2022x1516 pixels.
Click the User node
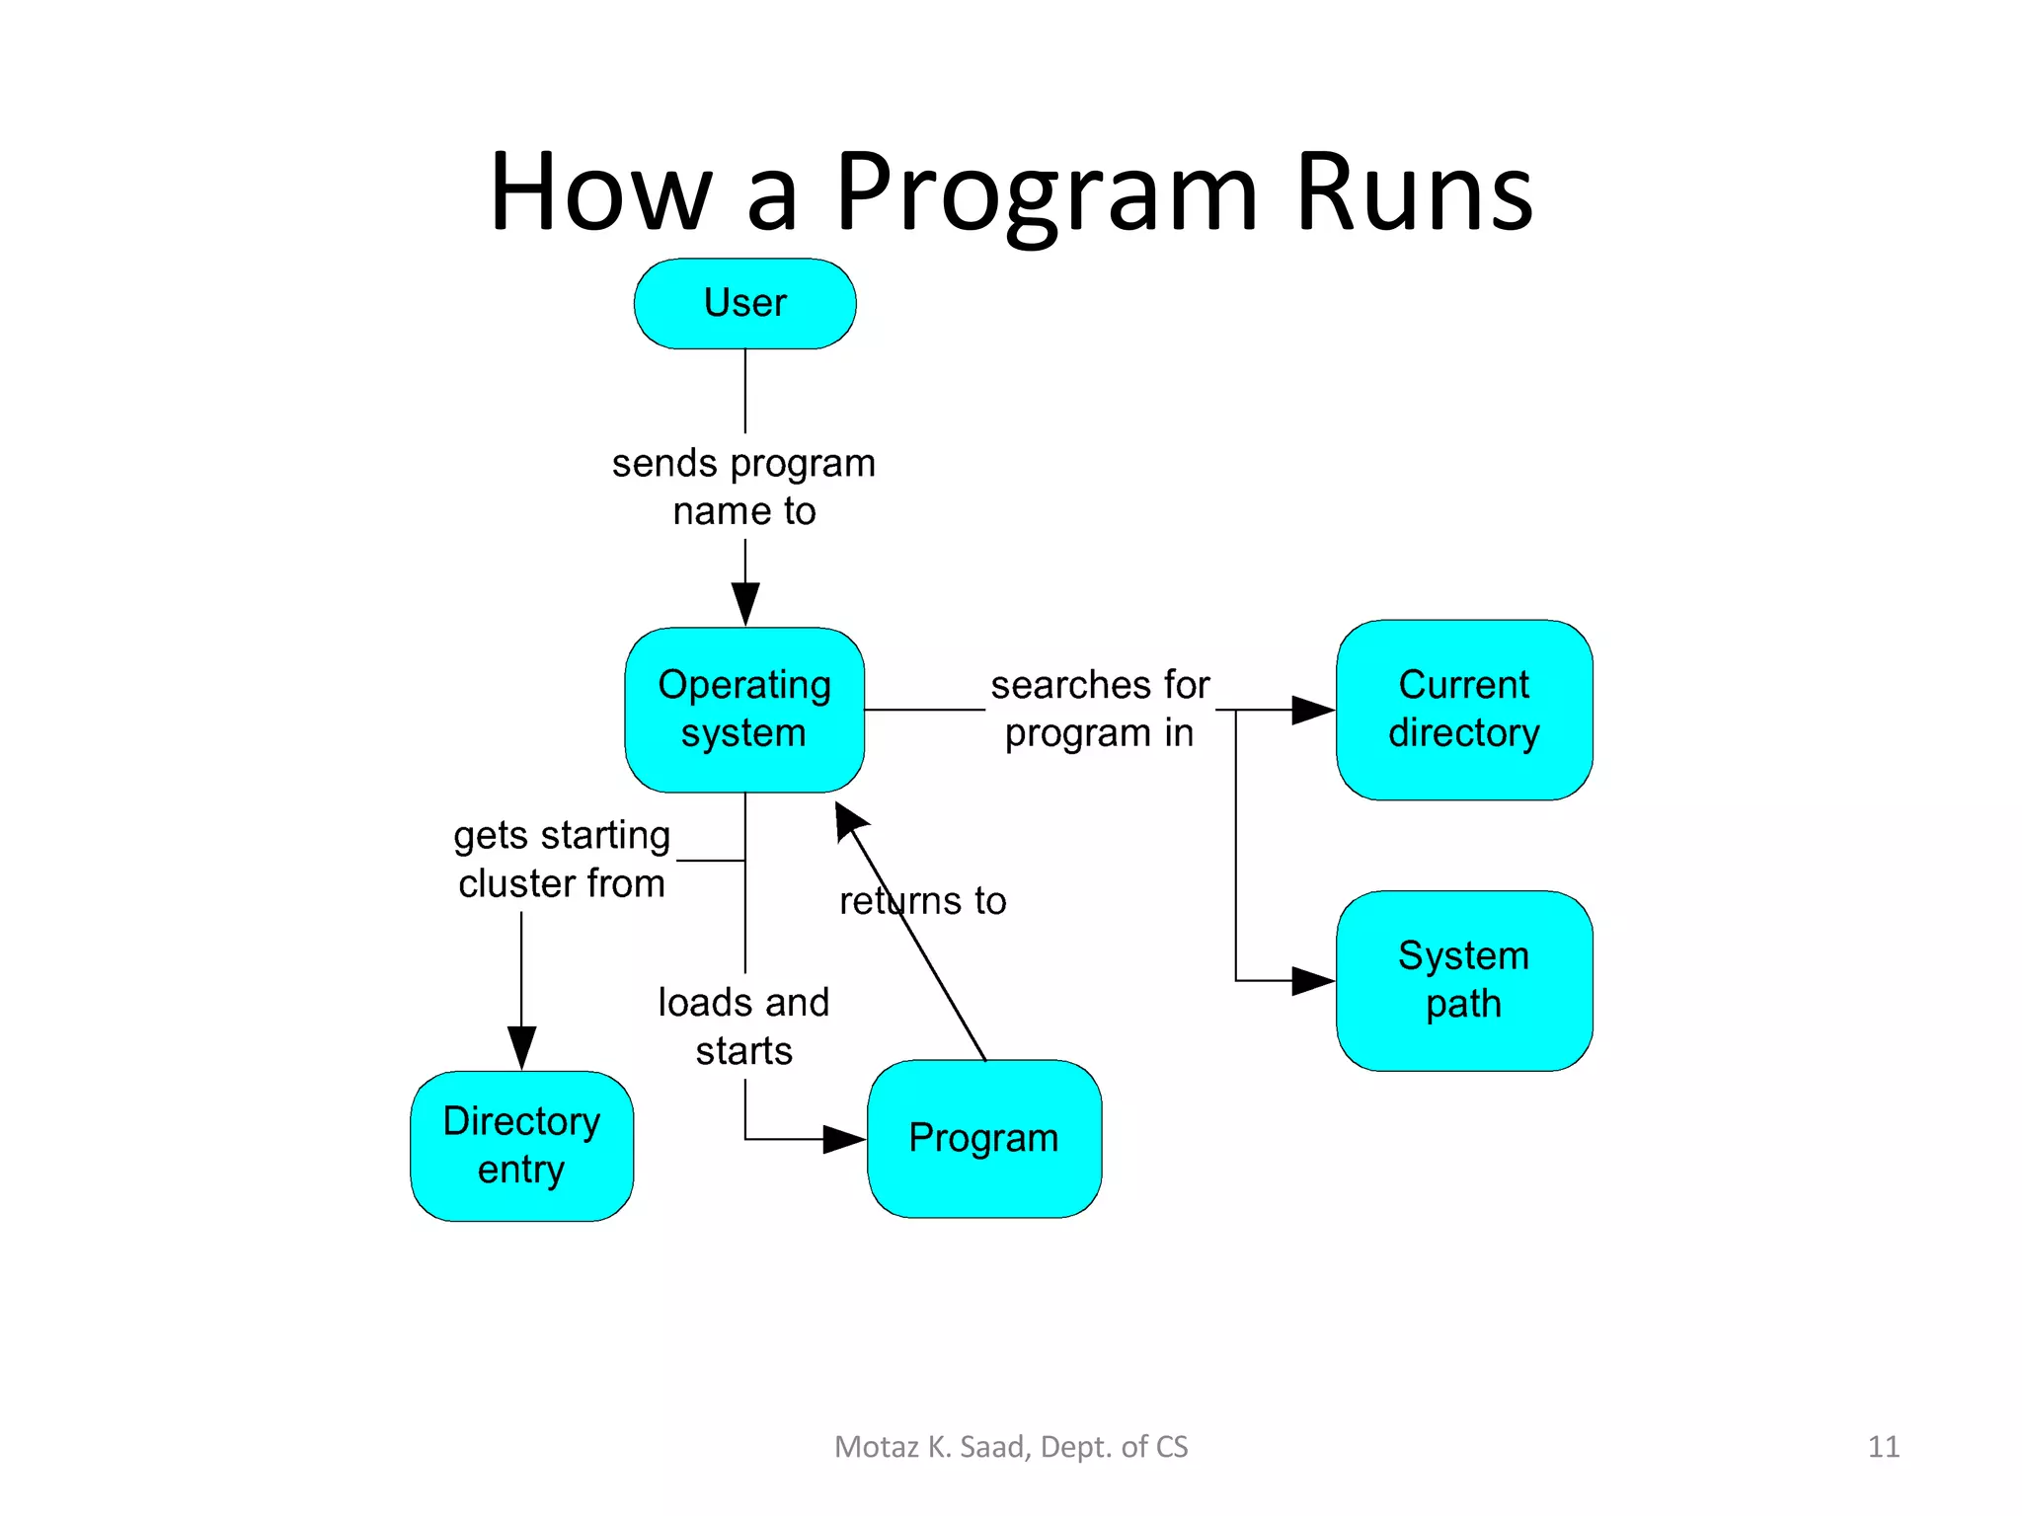[744, 303]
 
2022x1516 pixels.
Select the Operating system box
[744, 710]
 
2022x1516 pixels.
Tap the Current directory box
[1463, 710]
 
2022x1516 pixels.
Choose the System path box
[1463, 980]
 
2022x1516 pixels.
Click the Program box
[983, 1138]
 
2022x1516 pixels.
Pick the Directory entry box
[521, 1145]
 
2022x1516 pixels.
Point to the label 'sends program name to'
[743, 487]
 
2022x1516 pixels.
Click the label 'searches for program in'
[1099, 709]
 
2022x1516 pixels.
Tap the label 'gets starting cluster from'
[562, 859]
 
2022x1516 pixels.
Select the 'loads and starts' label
[743, 1026]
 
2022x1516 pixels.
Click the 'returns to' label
[922, 901]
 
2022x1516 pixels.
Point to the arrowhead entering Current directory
[1312, 710]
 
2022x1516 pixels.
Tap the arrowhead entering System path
[1312, 980]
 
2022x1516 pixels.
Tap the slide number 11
[1883, 1447]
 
